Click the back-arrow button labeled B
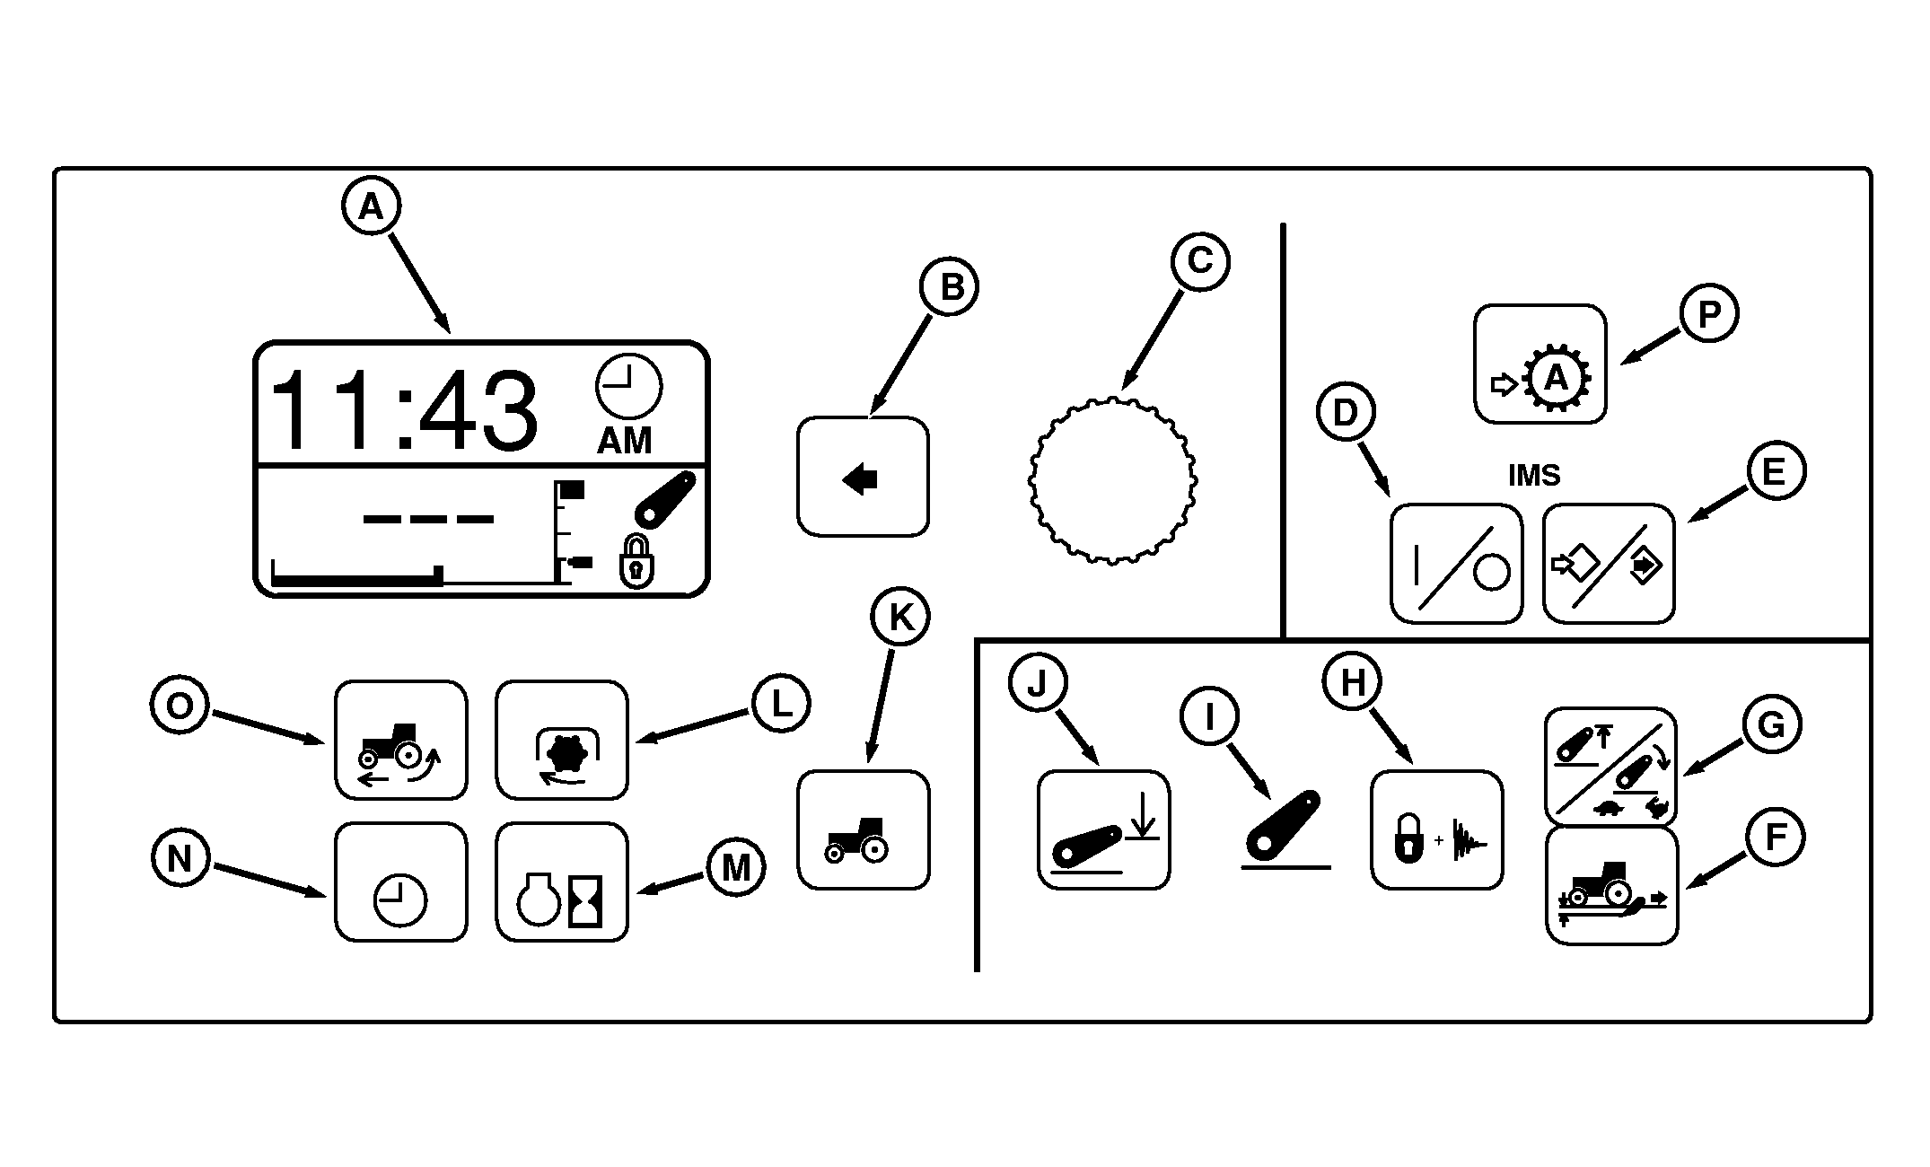pos(863,477)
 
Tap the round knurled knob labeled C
pos(1112,480)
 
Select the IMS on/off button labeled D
pos(1456,564)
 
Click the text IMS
pos(1534,475)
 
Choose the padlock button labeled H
pos(1436,829)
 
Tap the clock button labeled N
pos(401,882)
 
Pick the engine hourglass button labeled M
pos(562,882)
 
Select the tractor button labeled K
pos(863,829)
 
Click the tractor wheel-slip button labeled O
pos(401,740)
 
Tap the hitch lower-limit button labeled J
pos(1103,829)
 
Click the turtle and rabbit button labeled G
pos(1610,766)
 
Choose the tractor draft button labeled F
pos(1611,886)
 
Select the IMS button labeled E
pos(1609,564)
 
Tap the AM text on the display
pos(625,442)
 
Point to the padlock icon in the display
pos(636,562)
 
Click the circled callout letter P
pos(1709,314)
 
